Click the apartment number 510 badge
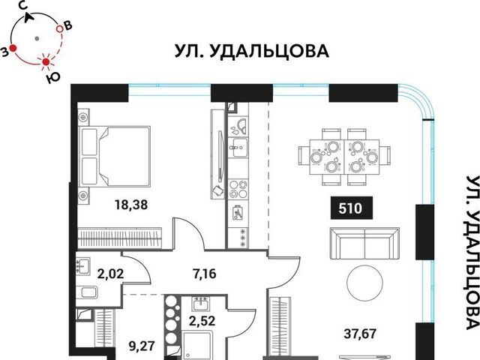[352, 208]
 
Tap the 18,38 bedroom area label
[131, 205]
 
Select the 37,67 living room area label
[360, 333]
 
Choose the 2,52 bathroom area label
[202, 321]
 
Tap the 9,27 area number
[142, 346]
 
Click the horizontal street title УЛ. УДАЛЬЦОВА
[252, 51]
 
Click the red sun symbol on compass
[46, 62]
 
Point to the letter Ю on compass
[53, 78]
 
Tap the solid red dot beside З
[13, 48]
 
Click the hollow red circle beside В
[59, 29]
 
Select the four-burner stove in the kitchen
[238, 189]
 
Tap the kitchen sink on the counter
[238, 148]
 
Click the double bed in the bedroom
[115, 157]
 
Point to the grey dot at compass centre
[37, 38]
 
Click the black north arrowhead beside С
[29, 18]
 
